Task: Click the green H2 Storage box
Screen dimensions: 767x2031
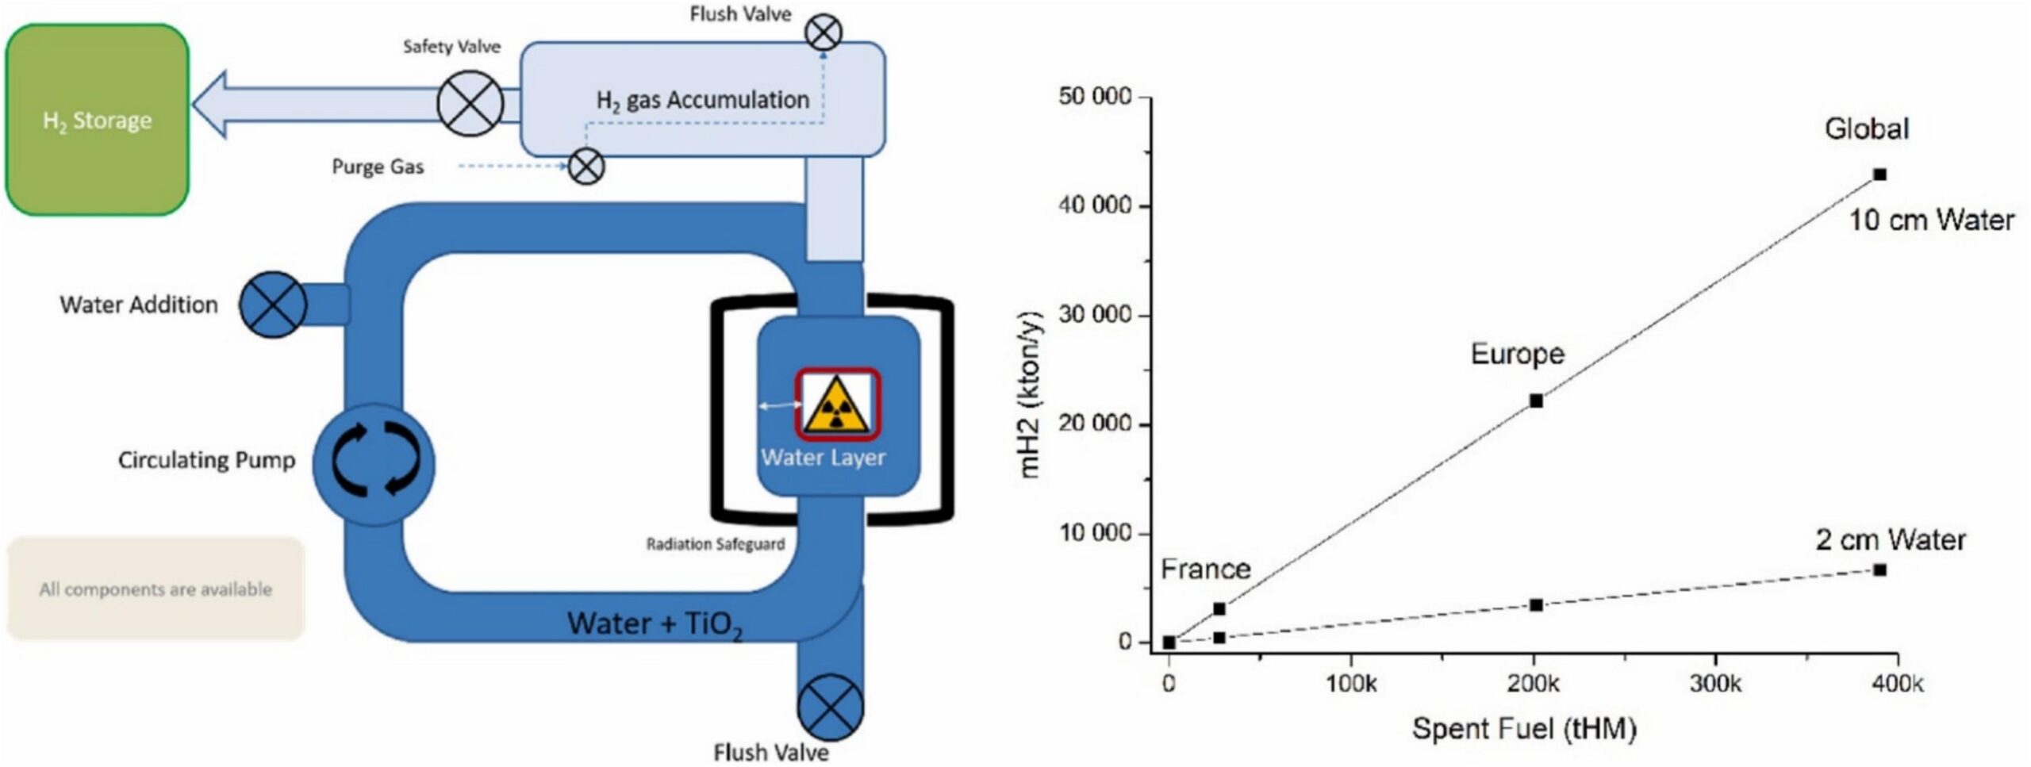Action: [97, 120]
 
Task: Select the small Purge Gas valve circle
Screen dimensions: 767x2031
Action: [587, 167]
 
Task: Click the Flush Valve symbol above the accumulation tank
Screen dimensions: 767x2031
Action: [824, 33]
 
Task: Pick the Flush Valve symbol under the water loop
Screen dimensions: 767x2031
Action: [830, 707]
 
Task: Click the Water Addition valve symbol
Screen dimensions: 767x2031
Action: [273, 305]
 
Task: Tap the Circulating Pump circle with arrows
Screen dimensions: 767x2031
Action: [374, 464]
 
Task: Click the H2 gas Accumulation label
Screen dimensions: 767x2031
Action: [703, 100]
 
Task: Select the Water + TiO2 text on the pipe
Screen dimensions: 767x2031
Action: [655, 623]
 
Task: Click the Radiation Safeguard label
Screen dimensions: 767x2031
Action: [715, 544]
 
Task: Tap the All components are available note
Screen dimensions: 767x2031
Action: [155, 589]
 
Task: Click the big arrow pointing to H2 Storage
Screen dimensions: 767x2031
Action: [317, 104]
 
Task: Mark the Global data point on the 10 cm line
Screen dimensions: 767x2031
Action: [1879, 174]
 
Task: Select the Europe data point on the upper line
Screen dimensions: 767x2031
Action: [1536, 401]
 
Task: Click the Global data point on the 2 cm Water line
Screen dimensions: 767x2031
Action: [1879, 569]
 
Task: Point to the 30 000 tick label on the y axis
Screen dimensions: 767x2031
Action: [1096, 315]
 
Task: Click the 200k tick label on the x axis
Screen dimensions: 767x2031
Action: [1534, 684]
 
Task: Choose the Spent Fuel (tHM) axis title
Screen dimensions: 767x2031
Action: [1524, 728]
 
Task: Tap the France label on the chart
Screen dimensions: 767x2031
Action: [1205, 569]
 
